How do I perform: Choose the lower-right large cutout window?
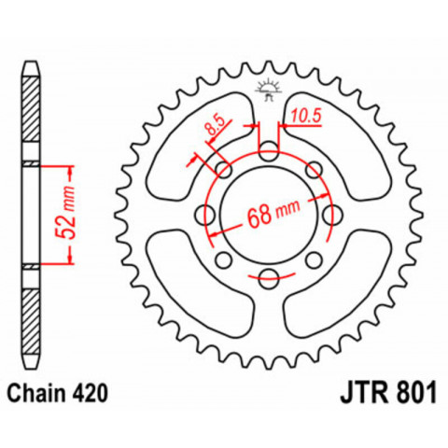(x=344, y=289)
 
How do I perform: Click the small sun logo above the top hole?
(x=268, y=90)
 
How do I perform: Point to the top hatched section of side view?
(x=32, y=112)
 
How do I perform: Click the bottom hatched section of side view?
(x=32, y=317)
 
